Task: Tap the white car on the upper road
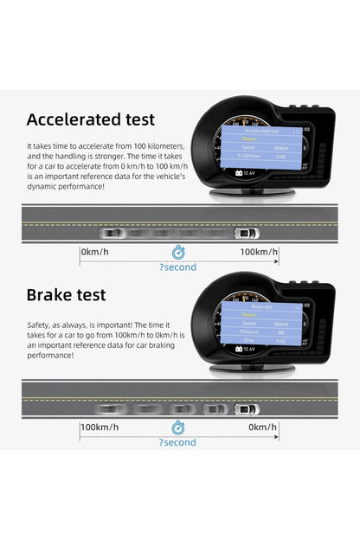click(x=247, y=233)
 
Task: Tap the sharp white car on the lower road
click(x=247, y=408)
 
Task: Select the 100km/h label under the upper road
click(x=259, y=251)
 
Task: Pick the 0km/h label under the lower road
click(x=262, y=427)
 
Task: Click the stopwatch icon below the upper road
click(x=177, y=252)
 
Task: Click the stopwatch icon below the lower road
click(x=177, y=427)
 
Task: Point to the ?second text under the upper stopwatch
click(x=177, y=267)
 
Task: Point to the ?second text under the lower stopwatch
click(x=177, y=443)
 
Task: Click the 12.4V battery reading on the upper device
click(x=247, y=173)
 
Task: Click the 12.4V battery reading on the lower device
click(x=247, y=349)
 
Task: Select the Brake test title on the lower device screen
click(x=260, y=306)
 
